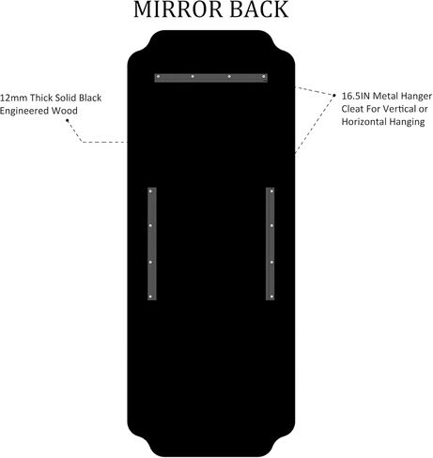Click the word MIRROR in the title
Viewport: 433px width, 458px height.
coord(178,9)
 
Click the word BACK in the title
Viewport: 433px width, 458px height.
coord(259,9)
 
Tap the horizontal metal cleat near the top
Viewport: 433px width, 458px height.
coord(211,78)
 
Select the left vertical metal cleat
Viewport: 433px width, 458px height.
coord(152,244)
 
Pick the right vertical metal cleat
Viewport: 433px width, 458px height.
coord(271,244)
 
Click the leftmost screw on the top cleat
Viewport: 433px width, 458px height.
coord(159,76)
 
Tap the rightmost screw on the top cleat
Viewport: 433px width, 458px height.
coord(264,76)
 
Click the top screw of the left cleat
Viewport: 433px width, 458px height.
coord(150,191)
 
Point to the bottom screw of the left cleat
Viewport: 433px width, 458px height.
coord(150,297)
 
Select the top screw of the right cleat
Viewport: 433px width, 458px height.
coord(271,191)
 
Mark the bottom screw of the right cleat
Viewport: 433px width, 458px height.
coord(271,297)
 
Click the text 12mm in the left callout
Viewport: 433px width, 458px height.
coord(14,98)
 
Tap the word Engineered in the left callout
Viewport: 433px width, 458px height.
coord(24,111)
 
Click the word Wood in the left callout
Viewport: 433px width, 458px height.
coord(65,111)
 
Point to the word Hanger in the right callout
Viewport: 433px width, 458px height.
coord(416,97)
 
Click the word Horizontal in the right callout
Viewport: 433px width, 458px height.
coord(363,122)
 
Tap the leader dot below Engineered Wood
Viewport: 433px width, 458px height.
coord(67,120)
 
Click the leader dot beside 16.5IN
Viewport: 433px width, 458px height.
coord(334,95)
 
